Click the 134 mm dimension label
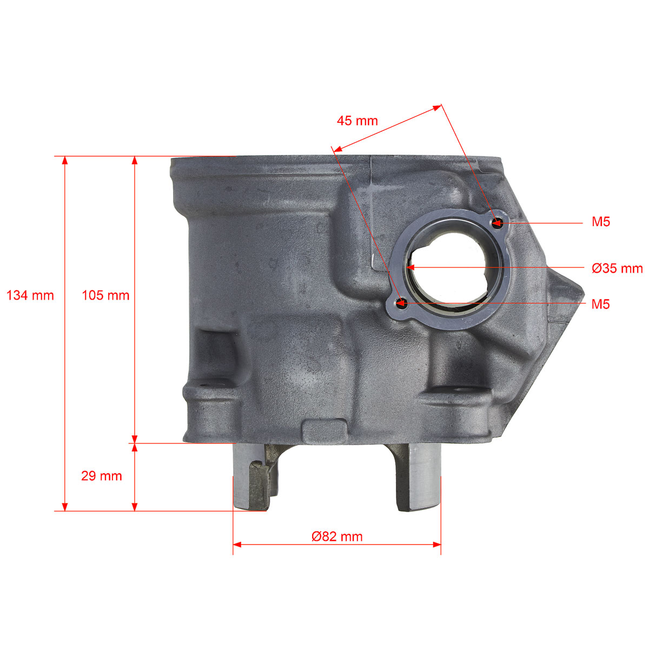pos(30,296)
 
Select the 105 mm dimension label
pos(106,296)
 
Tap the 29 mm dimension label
pos(101,476)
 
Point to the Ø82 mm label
pos(337,537)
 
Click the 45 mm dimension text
pos(357,121)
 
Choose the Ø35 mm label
pos(617,268)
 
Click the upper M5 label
pos(601,222)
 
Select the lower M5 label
pos(601,304)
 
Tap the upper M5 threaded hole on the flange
pos(497,222)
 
